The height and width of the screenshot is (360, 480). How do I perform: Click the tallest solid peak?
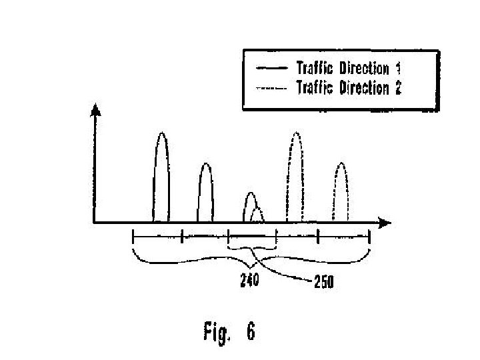click(161, 177)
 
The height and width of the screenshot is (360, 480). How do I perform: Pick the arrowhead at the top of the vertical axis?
click(96, 111)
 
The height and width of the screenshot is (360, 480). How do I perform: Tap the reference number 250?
click(324, 282)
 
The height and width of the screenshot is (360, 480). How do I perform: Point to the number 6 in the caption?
click(251, 331)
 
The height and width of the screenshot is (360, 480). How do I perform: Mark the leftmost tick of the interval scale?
click(133, 236)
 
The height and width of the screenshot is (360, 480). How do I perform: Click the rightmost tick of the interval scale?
click(369, 236)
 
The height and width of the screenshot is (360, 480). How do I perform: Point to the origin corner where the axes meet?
click(95, 222)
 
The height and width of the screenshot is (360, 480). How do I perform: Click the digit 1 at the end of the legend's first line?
click(397, 69)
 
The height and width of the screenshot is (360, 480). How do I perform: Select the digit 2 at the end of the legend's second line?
click(398, 88)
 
